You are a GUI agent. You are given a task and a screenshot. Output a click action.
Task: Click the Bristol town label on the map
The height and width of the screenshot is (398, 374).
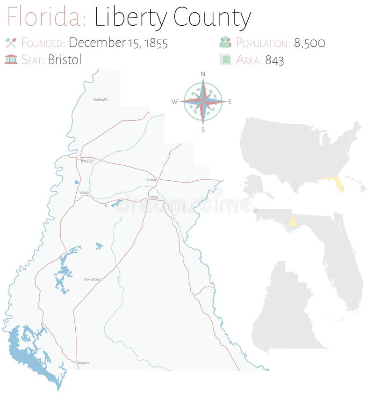(x=87, y=161)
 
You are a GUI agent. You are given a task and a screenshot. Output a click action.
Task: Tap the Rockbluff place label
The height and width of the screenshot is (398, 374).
(x=100, y=99)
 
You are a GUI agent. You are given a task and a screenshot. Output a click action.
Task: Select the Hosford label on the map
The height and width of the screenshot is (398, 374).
(x=151, y=180)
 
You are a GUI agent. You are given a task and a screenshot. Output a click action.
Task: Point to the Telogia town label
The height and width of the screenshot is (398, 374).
(x=154, y=197)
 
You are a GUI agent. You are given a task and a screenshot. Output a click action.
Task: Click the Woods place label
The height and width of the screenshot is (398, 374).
(x=84, y=192)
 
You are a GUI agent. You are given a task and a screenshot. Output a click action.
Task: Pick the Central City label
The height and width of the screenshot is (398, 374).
(x=92, y=280)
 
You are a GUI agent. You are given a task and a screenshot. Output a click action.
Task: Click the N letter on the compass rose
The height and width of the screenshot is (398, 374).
(x=203, y=74)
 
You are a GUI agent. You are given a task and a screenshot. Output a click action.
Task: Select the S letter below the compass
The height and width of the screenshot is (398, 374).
(x=203, y=130)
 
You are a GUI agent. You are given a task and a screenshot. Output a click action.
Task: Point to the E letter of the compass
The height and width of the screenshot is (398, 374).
(x=230, y=102)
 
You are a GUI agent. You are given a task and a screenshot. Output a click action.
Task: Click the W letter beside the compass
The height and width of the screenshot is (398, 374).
(x=174, y=102)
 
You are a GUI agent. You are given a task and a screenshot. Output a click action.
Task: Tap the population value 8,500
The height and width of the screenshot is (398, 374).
(x=309, y=43)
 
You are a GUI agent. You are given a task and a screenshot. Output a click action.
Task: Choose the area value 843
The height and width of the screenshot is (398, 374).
(x=274, y=60)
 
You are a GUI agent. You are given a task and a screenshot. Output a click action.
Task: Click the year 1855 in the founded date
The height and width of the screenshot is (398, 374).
(x=156, y=43)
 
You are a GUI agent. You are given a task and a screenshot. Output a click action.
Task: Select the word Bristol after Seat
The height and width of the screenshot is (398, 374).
(x=65, y=59)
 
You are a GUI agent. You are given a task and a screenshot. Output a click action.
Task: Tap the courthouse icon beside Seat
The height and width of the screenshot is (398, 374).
(x=11, y=59)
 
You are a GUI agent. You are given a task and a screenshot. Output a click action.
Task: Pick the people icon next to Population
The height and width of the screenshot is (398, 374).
(x=225, y=42)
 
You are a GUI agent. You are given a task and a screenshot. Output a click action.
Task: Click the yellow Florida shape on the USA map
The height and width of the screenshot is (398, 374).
(x=337, y=184)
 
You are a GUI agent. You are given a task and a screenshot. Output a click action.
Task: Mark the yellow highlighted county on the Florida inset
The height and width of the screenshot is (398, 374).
(x=293, y=221)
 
